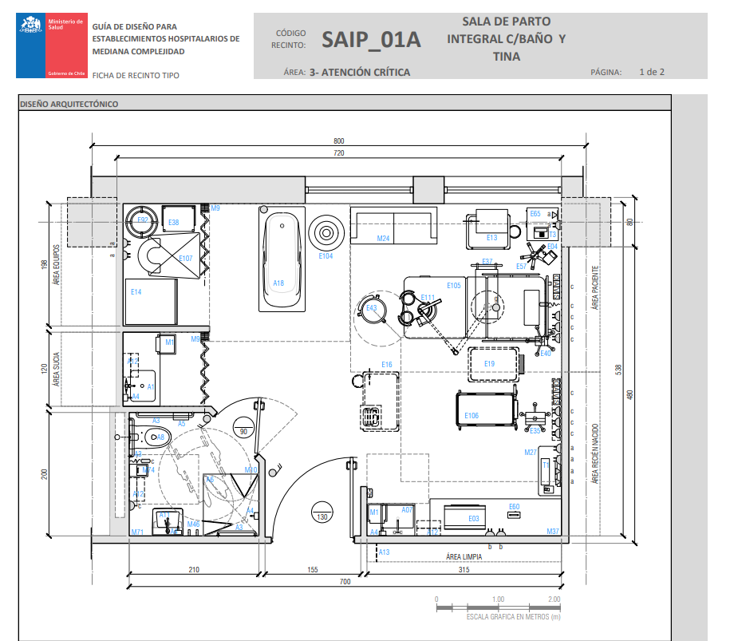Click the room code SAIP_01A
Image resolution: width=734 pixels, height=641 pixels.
pyautogui.click(x=371, y=40)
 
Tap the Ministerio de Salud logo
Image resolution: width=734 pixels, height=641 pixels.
pyautogui.click(x=51, y=46)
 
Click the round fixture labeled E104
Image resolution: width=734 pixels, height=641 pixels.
pyautogui.click(x=326, y=233)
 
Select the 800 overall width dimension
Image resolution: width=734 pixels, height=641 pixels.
pyautogui.click(x=339, y=141)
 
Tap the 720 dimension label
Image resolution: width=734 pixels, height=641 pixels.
pyautogui.click(x=339, y=152)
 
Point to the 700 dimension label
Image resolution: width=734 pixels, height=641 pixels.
pyautogui.click(x=345, y=582)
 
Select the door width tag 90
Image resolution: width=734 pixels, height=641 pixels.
pyautogui.click(x=243, y=431)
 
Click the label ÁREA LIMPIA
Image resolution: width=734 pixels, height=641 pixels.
pyautogui.click(x=463, y=556)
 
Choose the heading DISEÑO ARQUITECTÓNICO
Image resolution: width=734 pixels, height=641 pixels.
pyautogui.click(x=69, y=104)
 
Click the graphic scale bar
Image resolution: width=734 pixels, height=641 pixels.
pyautogui.click(x=495, y=607)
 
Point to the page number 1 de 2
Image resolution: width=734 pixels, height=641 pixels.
pyautogui.click(x=652, y=72)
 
